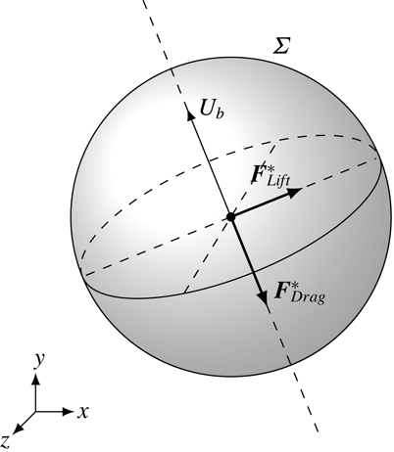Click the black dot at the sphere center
click(x=229, y=216)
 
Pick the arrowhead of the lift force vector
click(x=296, y=192)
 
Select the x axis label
click(x=84, y=411)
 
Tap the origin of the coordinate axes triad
click(x=36, y=411)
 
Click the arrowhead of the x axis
click(x=68, y=411)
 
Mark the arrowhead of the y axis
click(x=36, y=380)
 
